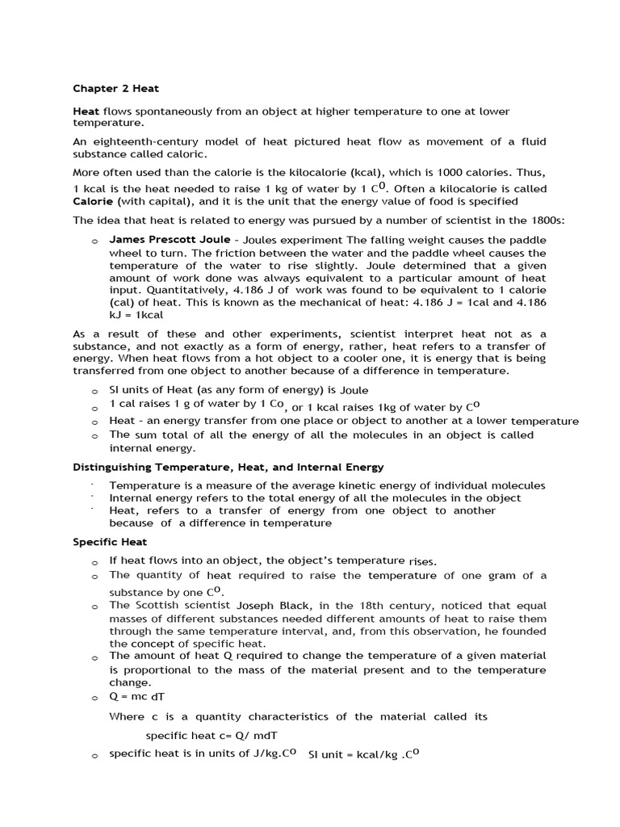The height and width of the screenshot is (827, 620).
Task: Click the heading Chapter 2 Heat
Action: click(x=115, y=89)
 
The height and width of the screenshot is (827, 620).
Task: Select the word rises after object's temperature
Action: click(x=422, y=560)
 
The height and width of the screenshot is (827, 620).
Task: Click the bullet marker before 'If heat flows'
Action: click(x=94, y=561)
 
